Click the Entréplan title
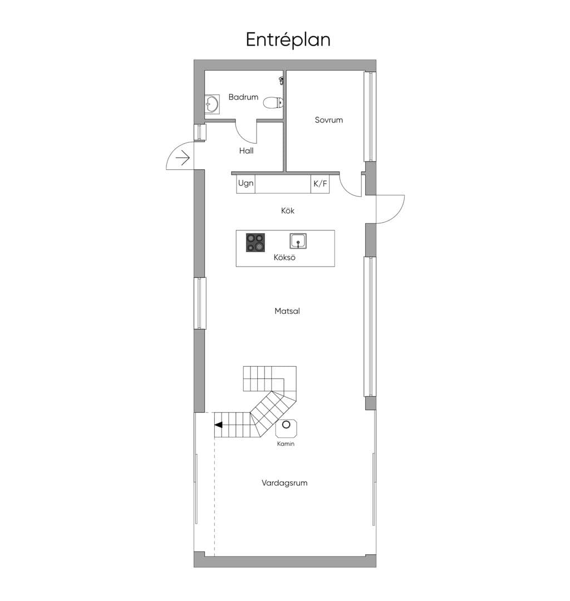288,40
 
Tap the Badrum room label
243,97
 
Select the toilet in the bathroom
273,103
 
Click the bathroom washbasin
212,104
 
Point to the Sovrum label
329,120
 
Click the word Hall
246,151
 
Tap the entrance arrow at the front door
183,158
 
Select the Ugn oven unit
245,184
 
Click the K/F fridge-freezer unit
320,184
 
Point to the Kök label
287,210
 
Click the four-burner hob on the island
255,243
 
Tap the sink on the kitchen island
298,241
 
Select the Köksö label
284,257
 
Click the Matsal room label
287,311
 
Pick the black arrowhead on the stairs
218,425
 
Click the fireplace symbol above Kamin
286,428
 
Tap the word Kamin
286,444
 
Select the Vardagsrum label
284,483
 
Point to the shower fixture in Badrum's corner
281,81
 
